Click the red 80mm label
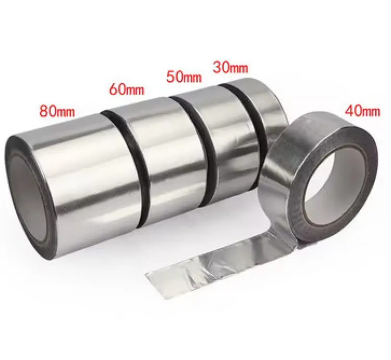point(57,111)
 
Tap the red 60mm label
point(127,90)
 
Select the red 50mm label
point(184,77)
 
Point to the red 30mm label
point(230,67)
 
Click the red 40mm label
point(362,111)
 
